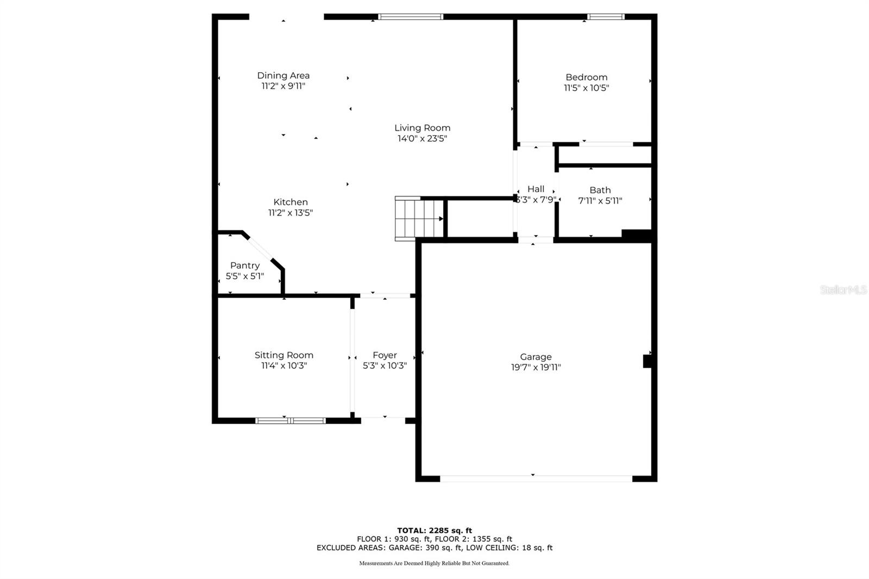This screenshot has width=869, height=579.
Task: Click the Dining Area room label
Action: pyautogui.click(x=283, y=75)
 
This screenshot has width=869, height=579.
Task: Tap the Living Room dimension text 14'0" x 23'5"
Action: pyautogui.click(x=422, y=139)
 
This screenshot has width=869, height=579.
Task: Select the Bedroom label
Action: pyautogui.click(x=586, y=77)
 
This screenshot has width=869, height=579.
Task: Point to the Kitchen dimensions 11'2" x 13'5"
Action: pyautogui.click(x=290, y=213)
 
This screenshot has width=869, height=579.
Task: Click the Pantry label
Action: pyautogui.click(x=245, y=266)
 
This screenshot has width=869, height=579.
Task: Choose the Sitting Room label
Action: pyautogui.click(x=284, y=355)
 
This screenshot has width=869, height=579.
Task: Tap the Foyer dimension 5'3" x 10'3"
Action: pyautogui.click(x=385, y=366)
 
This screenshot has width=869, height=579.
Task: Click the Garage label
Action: pyautogui.click(x=536, y=357)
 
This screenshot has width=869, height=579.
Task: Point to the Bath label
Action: pyautogui.click(x=600, y=190)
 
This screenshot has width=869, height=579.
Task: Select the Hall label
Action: pyautogui.click(x=536, y=189)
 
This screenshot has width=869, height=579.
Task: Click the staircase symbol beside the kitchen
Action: pyautogui.click(x=419, y=218)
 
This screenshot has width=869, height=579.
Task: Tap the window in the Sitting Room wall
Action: pyautogui.click(x=290, y=420)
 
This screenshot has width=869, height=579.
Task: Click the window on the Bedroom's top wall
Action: pyautogui.click(x=606, y=17)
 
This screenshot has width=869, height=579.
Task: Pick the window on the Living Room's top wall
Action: pyautogui.click(x=411, y=17)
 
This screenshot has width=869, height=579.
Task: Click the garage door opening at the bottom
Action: pyautogui.click(x=536, y=479)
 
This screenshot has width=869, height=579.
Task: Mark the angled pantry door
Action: pyautogui.click(x=260, y=248)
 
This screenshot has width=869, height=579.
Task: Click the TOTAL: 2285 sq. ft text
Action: pyautogui.click(x=434, y=531)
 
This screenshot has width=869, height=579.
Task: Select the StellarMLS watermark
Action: pyautogui.click(x=843, y=289)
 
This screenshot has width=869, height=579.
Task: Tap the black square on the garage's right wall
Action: pyautogui.click(x=647, y=361)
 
